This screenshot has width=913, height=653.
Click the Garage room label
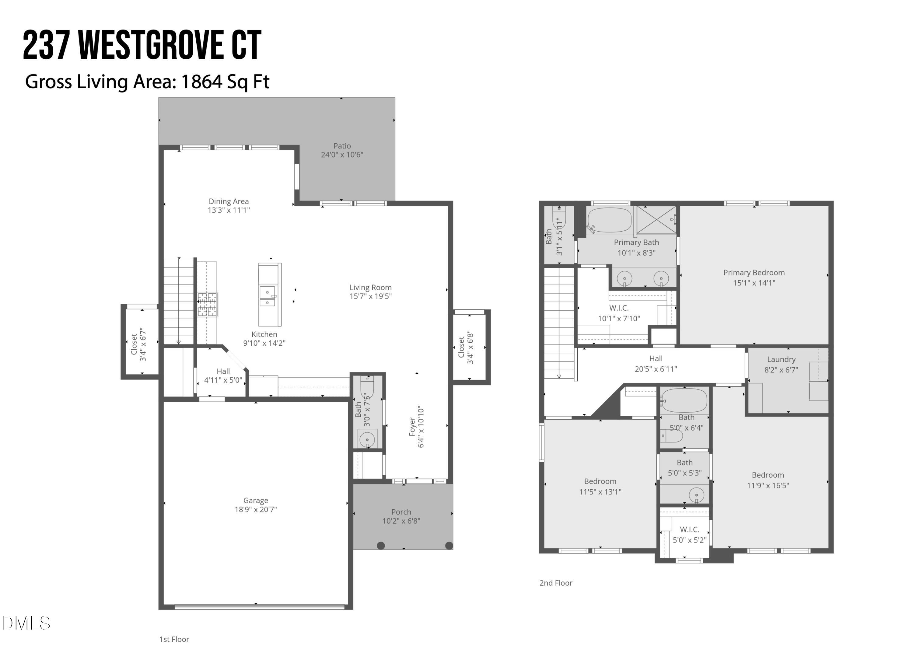255,500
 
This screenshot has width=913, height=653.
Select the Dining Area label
229,201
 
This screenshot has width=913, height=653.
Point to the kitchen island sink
268,296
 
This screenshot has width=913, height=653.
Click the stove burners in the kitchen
207,304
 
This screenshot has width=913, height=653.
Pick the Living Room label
370,288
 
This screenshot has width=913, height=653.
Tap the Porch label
401,512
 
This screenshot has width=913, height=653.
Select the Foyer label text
412,427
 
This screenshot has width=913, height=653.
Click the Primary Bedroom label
754,273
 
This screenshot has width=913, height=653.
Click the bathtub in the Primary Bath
609,220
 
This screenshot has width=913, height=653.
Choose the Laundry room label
781,359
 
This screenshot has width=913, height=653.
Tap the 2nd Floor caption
555,583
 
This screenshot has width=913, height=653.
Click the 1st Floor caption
174,639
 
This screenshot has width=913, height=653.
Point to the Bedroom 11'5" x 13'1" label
600,481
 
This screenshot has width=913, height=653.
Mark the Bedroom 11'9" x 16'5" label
768,475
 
